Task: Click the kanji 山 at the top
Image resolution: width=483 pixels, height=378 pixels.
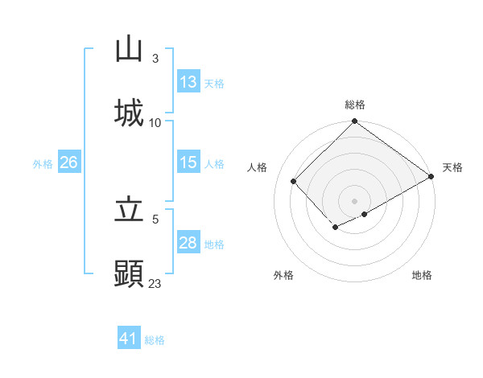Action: (129, 50)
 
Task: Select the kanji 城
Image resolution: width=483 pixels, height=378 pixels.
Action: (129, 113)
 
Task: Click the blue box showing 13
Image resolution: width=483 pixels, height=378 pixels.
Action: (188, 82)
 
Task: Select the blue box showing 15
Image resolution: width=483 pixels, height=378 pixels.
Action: (188, 162)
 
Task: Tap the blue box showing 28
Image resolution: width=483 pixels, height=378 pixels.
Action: (188, 243)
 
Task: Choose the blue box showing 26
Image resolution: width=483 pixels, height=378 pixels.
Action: (68, 162)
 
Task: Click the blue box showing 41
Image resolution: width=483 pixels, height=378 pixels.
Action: (129, 339)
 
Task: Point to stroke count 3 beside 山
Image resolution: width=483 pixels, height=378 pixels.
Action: (155, 58)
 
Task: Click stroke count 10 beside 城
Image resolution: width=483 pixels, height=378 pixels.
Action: (155, 122)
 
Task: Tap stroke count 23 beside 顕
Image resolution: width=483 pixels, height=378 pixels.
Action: (155, 283)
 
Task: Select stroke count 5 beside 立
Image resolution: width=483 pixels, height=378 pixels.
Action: (155, 219)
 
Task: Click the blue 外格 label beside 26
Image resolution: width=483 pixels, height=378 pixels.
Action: (43, 163)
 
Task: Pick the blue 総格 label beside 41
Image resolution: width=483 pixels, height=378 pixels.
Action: (155, 340)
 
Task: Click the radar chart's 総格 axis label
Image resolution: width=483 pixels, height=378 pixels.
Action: (354, 105)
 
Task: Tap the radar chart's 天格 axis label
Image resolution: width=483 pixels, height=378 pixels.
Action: (452, 167)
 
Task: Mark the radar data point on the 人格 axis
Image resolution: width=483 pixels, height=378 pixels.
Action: (294, 181)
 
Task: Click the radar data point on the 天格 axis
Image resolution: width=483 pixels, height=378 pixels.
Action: (431, 177)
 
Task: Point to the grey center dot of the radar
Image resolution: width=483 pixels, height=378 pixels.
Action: (354, 200)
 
